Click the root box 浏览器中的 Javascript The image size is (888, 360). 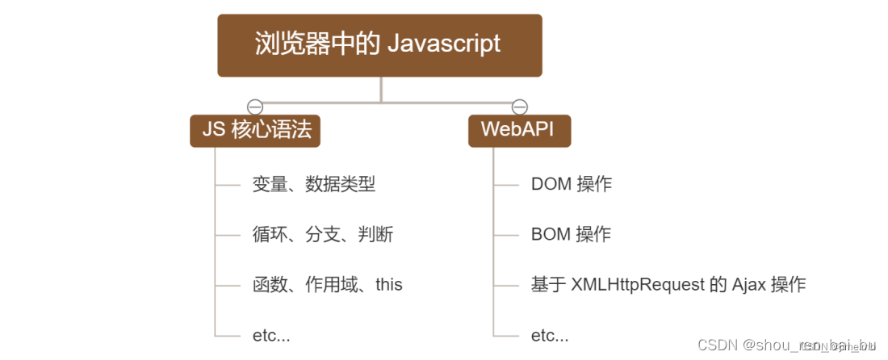(379, 44)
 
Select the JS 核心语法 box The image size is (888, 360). (255, 130)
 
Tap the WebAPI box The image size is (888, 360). (519, 130)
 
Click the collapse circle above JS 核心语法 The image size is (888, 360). (255, 107)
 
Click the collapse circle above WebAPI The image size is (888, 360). (520, 107)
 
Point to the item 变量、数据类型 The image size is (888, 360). (313, 184)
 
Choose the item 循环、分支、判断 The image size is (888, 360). (322, 235)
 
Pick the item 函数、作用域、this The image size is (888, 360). (327, 285)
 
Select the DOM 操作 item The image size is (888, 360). (571, 184)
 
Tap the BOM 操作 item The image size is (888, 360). (571, 235)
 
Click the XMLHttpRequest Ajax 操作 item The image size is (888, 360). (668, 285)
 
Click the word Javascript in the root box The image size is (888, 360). (444, 44)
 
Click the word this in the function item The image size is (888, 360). (389, 285)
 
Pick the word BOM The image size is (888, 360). (550, 235)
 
